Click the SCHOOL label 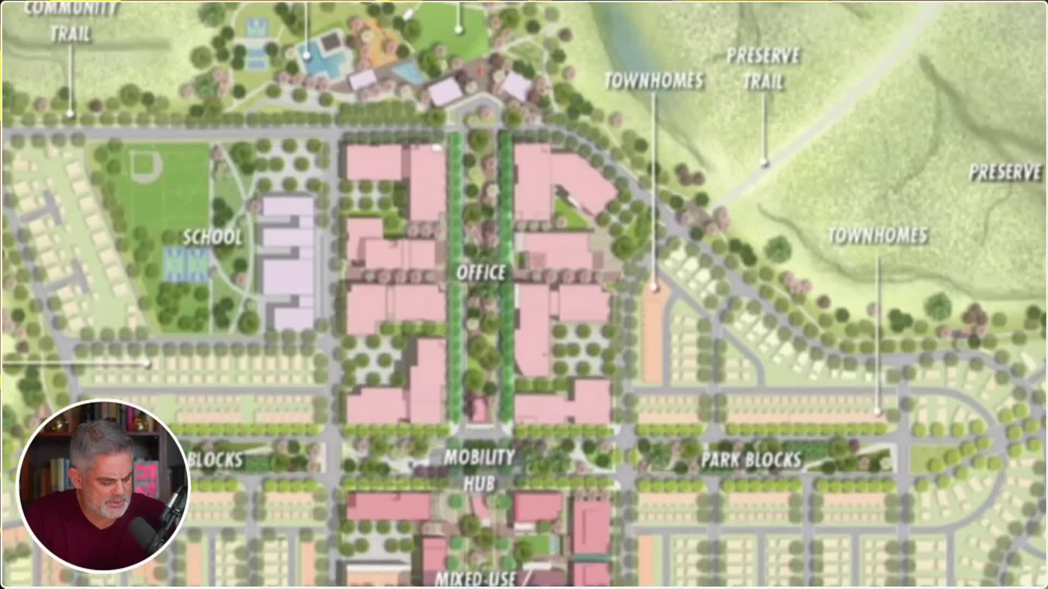coord(212,237)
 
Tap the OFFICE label coord(481,272)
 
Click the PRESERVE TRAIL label coord(764,69)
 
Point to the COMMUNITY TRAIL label coord(72,22)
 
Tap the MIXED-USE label coord(475,578)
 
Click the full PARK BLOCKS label coord(751,460)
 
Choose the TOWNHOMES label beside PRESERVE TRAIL coord(654,81)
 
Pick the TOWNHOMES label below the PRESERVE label coord(878,236)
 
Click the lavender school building coord(288,262)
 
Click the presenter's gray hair coord(98,442)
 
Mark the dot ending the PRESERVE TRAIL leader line coord(765,161)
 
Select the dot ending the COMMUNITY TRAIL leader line coord(70,113)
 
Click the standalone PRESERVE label coord(1005,172)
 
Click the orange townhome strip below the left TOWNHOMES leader coord(653,333)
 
